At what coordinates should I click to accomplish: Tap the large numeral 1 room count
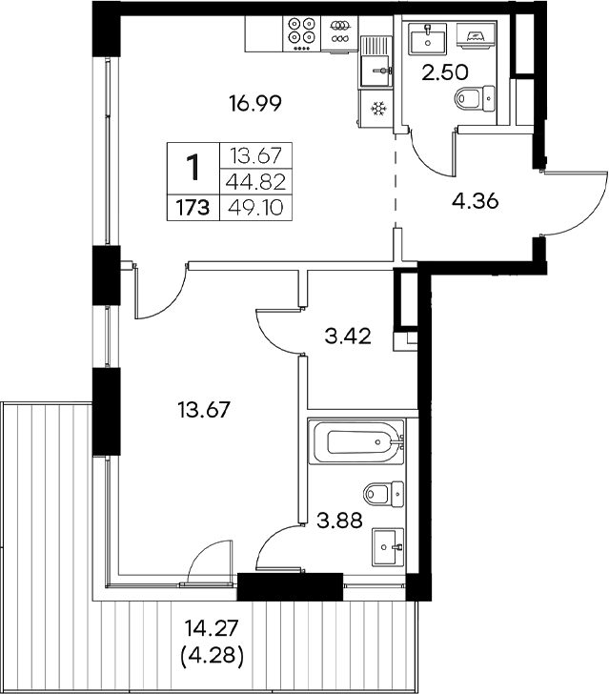(193, 169)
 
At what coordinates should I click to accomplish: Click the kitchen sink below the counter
(378, 63)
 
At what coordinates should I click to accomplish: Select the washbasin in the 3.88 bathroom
(388, 546)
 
